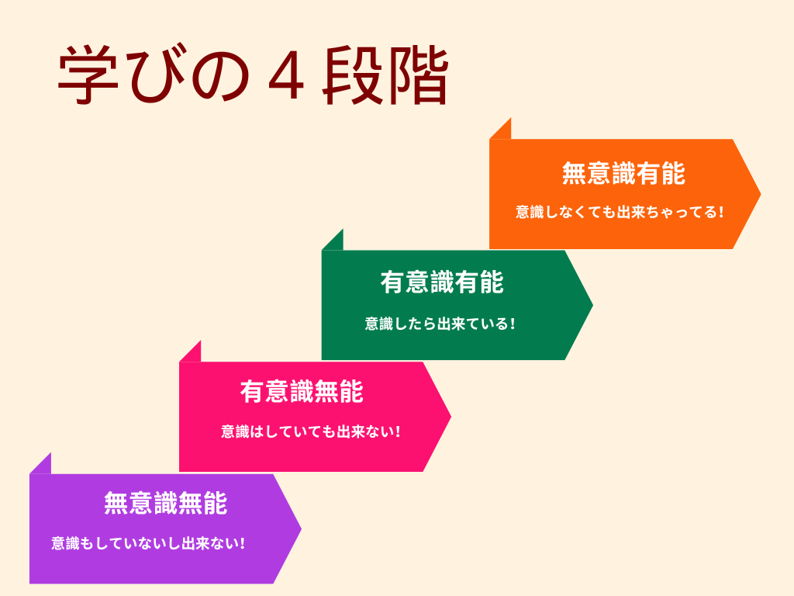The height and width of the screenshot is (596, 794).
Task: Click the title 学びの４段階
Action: [x=254, y=75]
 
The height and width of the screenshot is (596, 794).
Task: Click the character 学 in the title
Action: [x=88, y=75]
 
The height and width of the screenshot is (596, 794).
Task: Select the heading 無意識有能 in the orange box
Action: [x=623, y=173]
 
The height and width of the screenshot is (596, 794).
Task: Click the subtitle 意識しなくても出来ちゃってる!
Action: [x=620, y=212]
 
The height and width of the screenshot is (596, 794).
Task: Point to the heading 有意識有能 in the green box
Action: [x=442, y=282]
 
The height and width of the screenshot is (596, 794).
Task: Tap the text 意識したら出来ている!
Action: [x=440, y=324]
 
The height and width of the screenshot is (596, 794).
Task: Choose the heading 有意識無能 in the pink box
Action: [x=302, y=392]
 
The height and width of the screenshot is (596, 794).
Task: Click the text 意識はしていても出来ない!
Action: [x=310, y=431]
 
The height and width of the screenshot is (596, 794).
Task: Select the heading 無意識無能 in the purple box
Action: [x=166, y=503]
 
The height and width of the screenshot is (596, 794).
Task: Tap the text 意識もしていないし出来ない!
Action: [x=148, y=543]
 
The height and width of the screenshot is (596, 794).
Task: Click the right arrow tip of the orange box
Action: [x=761, y=193]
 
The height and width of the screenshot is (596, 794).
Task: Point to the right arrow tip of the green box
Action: [x=592, y=305]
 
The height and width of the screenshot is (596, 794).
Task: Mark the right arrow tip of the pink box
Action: [x=451, y=417]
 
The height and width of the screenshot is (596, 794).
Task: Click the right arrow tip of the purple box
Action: [x=302, y=528]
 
